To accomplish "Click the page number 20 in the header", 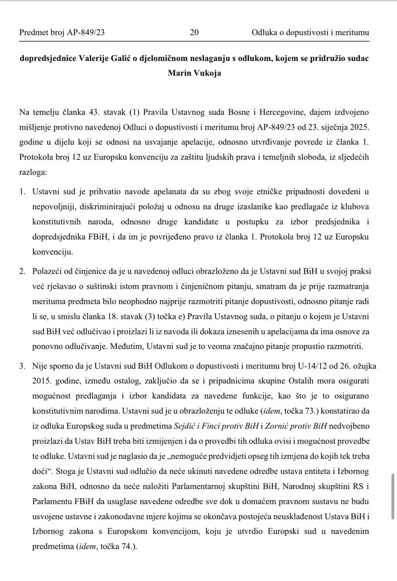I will [194, 33].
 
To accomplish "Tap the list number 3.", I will [23, 365].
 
